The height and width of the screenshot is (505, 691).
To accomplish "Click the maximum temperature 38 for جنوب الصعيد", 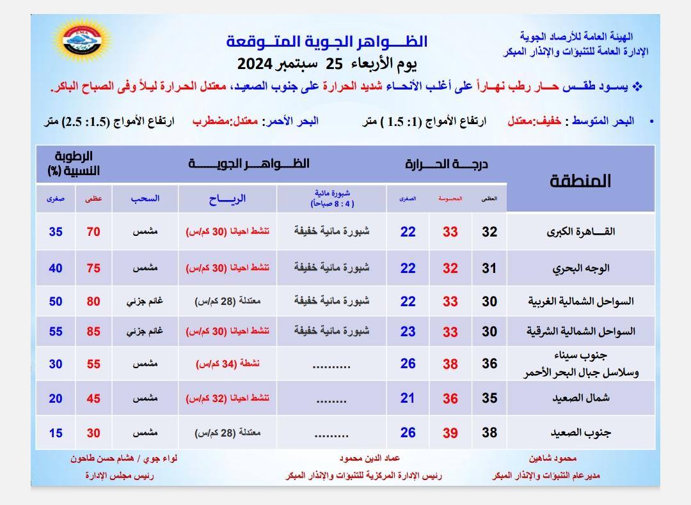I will (x=489, y=433).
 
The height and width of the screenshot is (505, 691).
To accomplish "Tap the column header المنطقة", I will (x=580, y=181).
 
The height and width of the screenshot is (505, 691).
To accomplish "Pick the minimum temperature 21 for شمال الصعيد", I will (x=408, y=398).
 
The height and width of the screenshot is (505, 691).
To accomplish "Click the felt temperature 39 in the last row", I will (x=450, y=433).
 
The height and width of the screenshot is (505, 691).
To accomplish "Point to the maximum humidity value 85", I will (x=93, y=332).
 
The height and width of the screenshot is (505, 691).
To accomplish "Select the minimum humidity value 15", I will (x=56, y=433).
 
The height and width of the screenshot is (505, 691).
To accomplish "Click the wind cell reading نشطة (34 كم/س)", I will (x=227, y=364).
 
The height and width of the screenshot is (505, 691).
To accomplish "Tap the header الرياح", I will (x=227, y=199).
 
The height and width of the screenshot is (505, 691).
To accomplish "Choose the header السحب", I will (x=146, y=199).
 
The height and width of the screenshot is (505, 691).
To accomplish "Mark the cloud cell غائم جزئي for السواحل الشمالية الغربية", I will (x=146, y=301).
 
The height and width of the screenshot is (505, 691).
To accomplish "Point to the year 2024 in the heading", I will (x=255, y=64).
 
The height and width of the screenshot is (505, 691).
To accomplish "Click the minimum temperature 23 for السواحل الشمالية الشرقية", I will (x=408, y=332).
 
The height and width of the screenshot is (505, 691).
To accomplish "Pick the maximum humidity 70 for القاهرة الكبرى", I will (x=93, y=232).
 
